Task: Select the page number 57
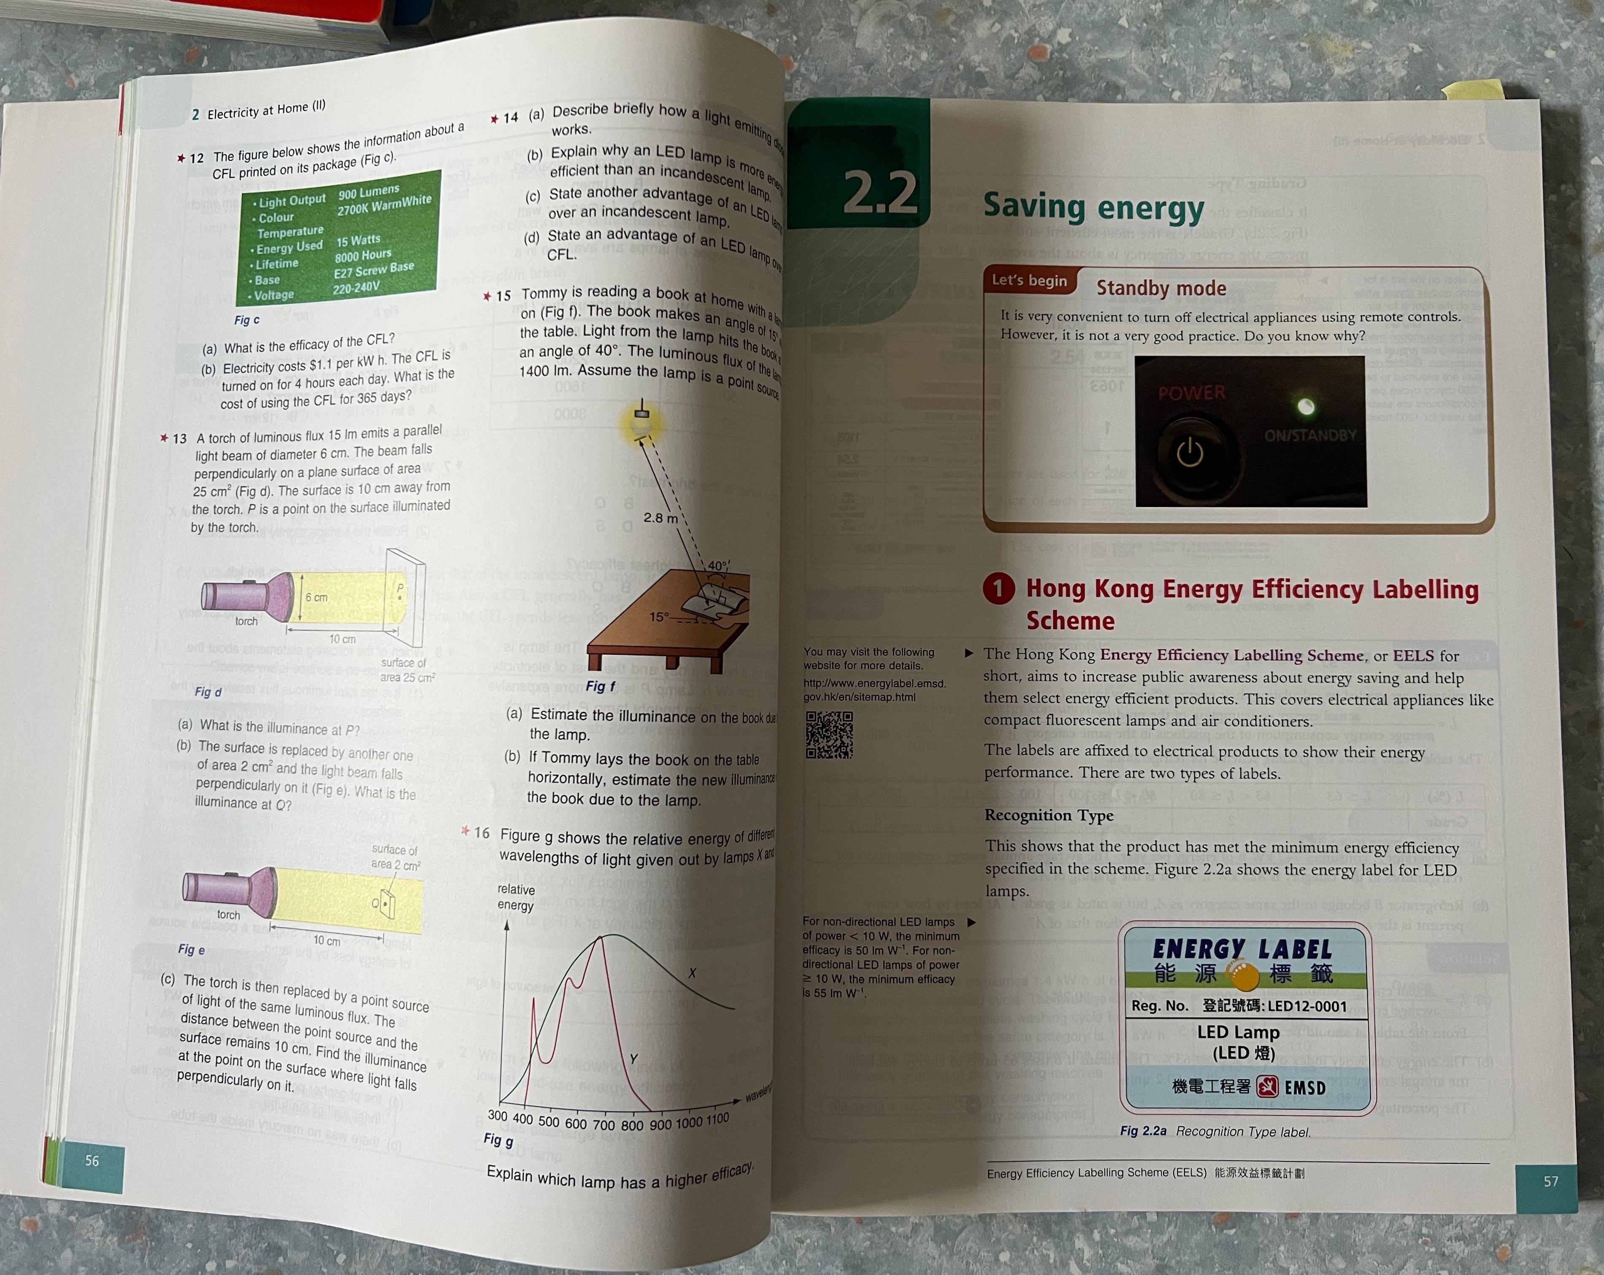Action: [x=1550, y=1181]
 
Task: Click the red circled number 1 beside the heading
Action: [x=998, y=589]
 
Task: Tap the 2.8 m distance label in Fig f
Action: [x=660, y=518]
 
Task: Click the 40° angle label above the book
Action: [x=718, y=565]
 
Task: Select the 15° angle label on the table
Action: [x=659, y=617]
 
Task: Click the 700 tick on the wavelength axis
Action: [x=603, y=1125]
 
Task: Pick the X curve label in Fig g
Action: [x=692, y=973]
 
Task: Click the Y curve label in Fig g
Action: [x=633, y=1059]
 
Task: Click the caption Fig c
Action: [x=247, y=320]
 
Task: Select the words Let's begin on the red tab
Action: [x=1029, y=281]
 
